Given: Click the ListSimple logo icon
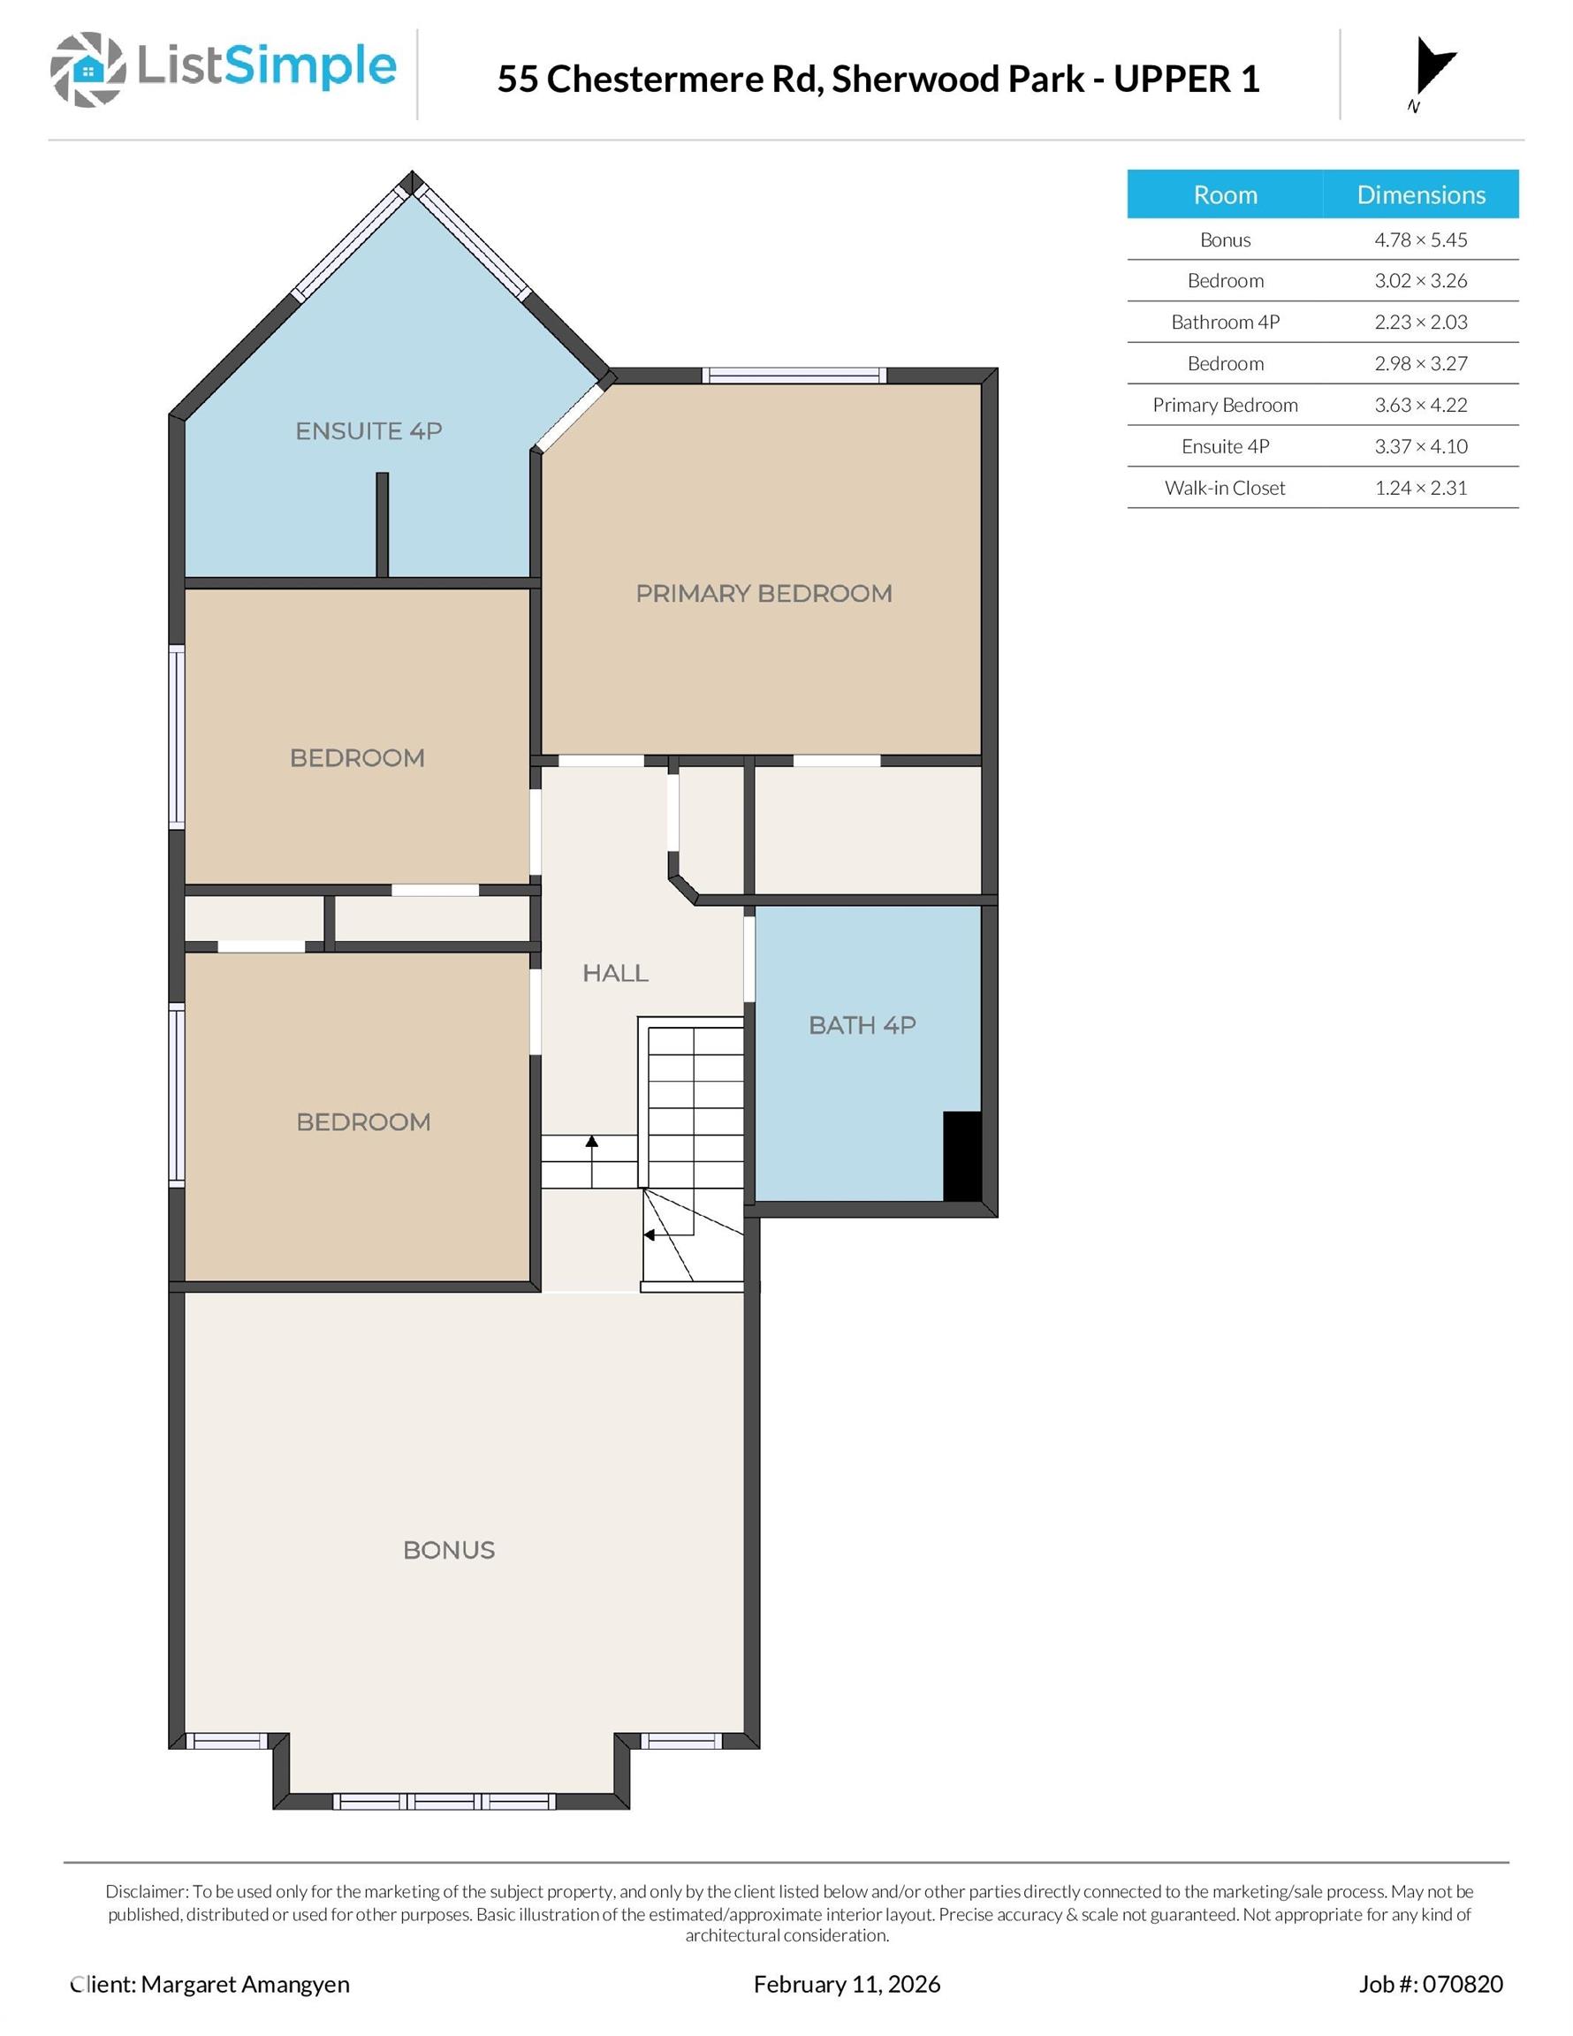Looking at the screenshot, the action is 87,69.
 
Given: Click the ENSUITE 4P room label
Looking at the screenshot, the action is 369,430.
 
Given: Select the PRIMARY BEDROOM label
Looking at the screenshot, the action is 764,593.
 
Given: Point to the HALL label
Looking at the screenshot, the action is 615,973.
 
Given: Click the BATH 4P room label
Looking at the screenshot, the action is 862,1025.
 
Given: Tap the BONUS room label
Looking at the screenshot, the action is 449,1550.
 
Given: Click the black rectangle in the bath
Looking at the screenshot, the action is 962,1156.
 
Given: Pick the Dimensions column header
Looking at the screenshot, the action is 1421,194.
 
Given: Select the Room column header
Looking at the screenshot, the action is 1225,194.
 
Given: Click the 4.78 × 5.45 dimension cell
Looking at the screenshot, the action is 1421,239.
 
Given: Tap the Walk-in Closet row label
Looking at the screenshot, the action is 1225,488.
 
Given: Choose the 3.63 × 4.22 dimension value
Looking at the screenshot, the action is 1421,405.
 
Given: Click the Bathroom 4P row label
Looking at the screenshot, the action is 1225,322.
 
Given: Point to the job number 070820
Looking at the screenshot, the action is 1462,1984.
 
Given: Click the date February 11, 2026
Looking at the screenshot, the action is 847,1984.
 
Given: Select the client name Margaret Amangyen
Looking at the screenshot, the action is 245,1984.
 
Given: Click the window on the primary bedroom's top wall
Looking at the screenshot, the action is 794,376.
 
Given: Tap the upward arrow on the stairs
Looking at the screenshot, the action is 591,1160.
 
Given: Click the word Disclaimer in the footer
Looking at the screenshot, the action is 148,1891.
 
